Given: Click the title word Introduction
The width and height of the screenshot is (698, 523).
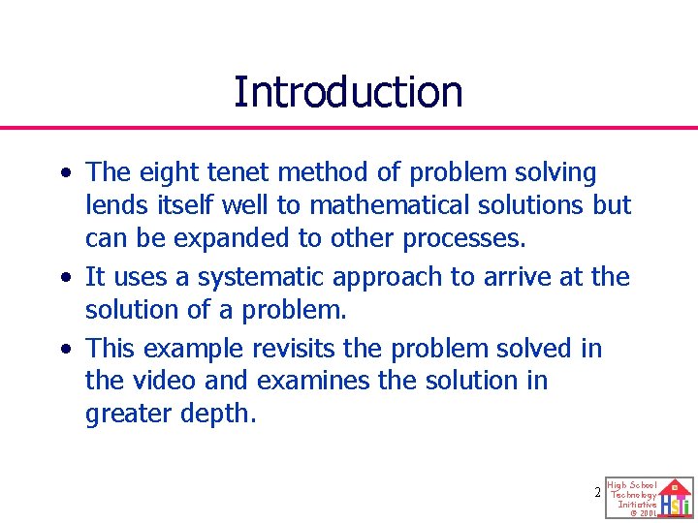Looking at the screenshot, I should pyautogui.click(x=348, y=92).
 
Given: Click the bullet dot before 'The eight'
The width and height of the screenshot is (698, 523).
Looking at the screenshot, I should pyautogui.click(x=65, y=174).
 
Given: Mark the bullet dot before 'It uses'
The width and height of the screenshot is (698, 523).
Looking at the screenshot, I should pyautogui.click(x=65, y=279).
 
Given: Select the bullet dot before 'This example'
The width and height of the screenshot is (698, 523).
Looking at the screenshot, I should pyautogui.click(x=65, y=350).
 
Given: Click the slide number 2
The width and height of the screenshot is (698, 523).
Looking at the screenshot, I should pyautogui.click(x=598, y=493).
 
